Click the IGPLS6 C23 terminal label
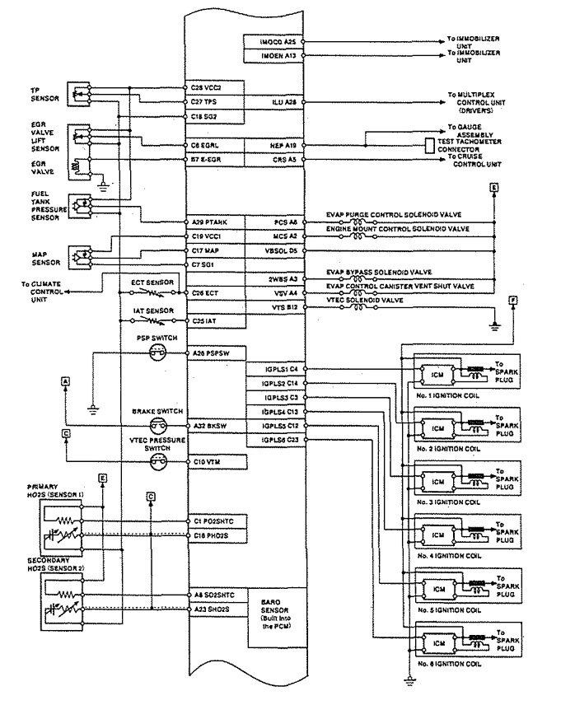coord(279,440)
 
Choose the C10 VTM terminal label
coord(206,462)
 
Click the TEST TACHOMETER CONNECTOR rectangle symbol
coord(430,145)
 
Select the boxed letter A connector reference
coord(64,380)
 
